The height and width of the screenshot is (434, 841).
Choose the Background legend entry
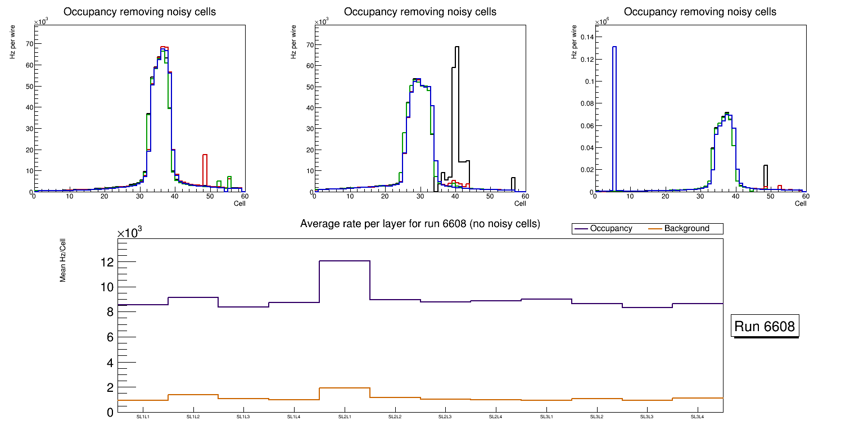(686, 228)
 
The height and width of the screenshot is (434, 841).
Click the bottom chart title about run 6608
(420, 224)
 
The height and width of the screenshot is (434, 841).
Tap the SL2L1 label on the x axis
(344, 417)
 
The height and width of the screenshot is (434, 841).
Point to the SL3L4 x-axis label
(697, 417)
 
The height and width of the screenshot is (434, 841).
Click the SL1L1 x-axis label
(142, 417)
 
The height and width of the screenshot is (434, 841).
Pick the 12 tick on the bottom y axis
(107, 262)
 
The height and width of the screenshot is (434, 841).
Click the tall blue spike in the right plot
(614, 112)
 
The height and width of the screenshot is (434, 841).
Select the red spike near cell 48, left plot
(205, 169)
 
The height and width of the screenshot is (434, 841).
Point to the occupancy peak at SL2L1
(344, 261)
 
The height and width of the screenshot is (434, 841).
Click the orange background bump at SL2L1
(344, 388)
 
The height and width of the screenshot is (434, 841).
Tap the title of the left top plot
(140, 12)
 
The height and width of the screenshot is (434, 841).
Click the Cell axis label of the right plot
(800, 203)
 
